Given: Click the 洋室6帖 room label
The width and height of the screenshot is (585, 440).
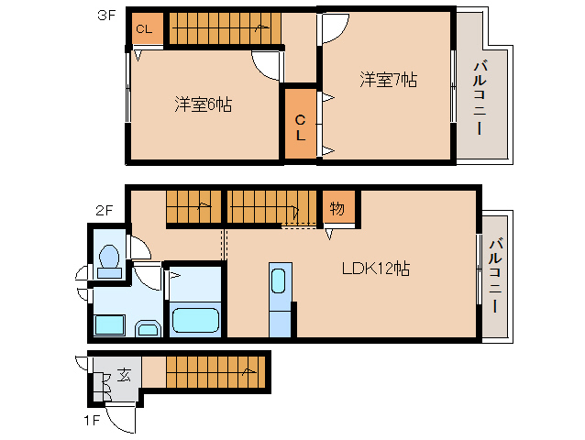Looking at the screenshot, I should click(x=203, y=104).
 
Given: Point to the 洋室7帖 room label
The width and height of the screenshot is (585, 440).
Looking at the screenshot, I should click(x=388, y=80).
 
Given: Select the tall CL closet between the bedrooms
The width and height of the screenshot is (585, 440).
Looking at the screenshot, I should click(x=300, y=125).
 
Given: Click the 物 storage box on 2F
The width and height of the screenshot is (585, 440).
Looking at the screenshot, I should click(x=337, y=208).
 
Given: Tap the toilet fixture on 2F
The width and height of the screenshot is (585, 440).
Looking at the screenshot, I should click(x=109, y=260).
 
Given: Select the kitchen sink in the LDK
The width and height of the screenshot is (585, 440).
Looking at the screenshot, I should click(x=280, y=280).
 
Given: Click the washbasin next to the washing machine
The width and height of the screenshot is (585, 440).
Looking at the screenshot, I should click(x=147, y=327).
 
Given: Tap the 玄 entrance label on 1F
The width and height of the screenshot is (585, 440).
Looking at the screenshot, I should click(x=122, y=375).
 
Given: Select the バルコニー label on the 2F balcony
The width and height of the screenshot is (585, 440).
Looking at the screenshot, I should click(x=495, y=276).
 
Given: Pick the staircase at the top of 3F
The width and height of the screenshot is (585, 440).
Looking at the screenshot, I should click(x=222, y=27).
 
